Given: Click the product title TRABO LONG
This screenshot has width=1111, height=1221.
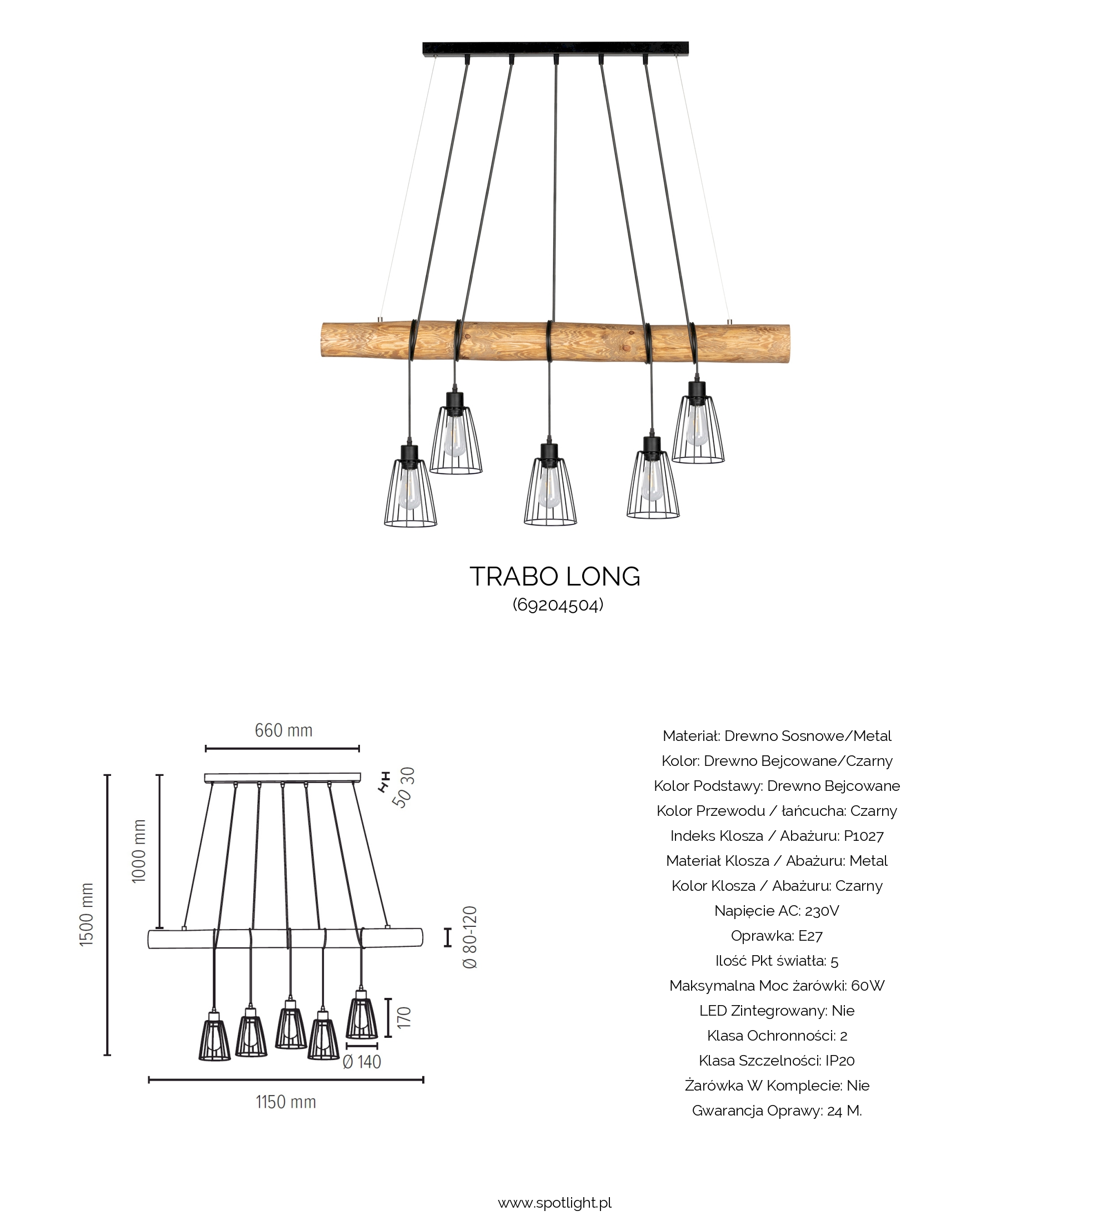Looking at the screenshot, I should coord(554,577).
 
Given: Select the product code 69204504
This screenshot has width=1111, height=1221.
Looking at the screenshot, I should coord(558,604).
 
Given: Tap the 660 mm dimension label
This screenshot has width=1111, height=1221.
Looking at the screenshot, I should coord(283,730).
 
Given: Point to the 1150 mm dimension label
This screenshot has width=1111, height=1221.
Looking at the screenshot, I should coord(286,1102).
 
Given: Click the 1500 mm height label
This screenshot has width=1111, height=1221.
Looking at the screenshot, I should coord(87,915).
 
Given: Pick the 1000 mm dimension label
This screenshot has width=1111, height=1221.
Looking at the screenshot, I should coord(139,851).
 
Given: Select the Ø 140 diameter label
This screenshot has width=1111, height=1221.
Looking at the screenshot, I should coord(362,1062).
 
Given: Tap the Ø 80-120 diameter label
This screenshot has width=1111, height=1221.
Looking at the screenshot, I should coord(471,937).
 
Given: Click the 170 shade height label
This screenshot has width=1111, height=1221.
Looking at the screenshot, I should coord(404,1017).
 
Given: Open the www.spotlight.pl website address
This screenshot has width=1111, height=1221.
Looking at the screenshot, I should coord(554,1202).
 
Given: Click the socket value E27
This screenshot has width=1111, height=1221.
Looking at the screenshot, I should coord(810,936).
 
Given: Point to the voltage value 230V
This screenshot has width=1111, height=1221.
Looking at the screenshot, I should coord(822,911).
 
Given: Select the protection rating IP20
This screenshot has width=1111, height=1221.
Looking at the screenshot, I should coord(839,1061).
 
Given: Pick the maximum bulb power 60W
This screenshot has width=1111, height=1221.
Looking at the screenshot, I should coord(867,985).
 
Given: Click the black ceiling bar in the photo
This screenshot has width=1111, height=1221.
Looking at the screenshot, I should coord(555,48).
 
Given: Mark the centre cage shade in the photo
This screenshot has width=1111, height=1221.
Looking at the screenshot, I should coord(550,491).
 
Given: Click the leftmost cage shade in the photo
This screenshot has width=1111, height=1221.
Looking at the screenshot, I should coord(411,493).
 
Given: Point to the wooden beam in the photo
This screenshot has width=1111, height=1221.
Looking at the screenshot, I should coord(554,342).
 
